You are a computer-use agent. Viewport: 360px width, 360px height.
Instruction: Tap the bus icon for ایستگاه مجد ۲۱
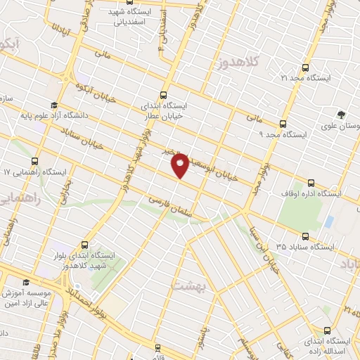[304, 67]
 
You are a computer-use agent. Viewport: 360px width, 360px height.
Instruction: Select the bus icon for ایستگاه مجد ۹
[283, 122]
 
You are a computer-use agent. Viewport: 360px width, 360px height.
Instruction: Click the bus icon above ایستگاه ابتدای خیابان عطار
[164, 95]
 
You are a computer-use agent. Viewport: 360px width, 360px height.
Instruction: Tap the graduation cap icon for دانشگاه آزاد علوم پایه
[54, 105]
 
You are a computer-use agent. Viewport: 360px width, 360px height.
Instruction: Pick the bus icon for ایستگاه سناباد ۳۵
[305, 237]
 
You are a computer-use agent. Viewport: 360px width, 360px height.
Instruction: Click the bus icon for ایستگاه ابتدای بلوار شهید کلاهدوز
[85, 245]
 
